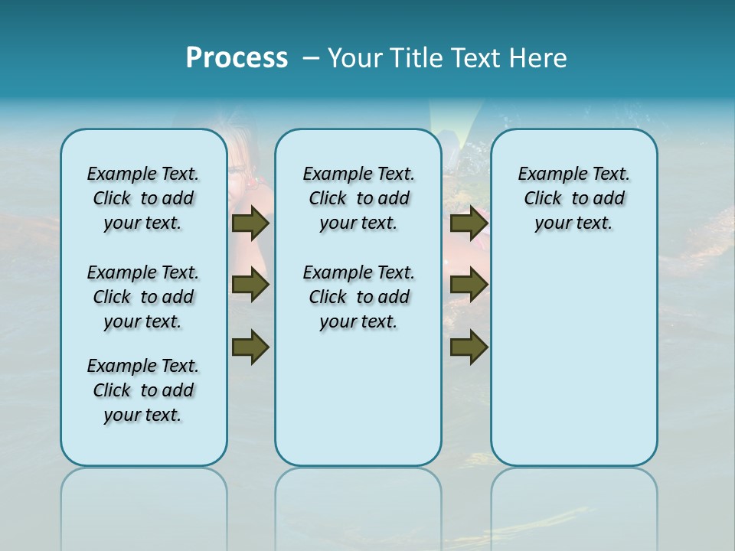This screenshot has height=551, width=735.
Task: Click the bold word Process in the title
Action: pos(237,58)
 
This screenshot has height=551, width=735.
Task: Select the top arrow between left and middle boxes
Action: pos(250,223)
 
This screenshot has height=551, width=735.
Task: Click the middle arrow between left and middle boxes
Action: pos(250,285)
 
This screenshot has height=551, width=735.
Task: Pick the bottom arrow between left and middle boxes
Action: pos(250,347)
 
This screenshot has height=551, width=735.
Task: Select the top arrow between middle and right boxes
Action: pos(469,223)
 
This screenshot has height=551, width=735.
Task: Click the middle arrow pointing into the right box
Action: pos(469,285)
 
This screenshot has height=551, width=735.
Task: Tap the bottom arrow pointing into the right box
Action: pos(469,347)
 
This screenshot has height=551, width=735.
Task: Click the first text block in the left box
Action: pos(143,198)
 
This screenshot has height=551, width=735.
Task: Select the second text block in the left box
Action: pos(143,297)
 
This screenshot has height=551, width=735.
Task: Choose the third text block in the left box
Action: pos(143,390)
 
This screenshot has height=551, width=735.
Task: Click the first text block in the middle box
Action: pos(358,198)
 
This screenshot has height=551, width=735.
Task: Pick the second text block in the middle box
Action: pos(358,297)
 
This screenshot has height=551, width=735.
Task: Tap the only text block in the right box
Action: pos(573,198)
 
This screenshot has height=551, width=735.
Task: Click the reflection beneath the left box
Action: pos(144,497)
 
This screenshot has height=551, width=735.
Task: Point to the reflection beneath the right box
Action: pos(574,497)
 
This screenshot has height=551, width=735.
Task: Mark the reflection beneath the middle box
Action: pos(358,497)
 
